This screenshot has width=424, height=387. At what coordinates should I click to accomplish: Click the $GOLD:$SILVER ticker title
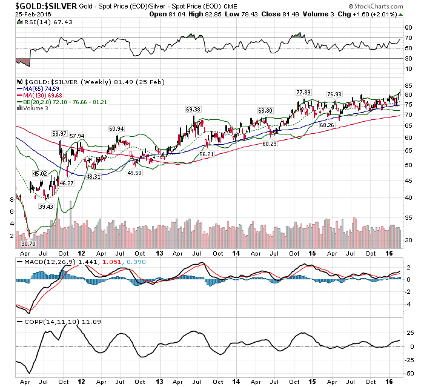tap(37, 6)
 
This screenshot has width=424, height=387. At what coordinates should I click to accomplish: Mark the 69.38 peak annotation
tap(193, 109)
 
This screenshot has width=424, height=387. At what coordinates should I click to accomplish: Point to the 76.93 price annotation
tap(334, 94)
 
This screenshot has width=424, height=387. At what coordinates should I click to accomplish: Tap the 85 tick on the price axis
tap(409, 85)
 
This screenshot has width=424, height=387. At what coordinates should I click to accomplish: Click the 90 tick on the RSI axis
tap(409, 27)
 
